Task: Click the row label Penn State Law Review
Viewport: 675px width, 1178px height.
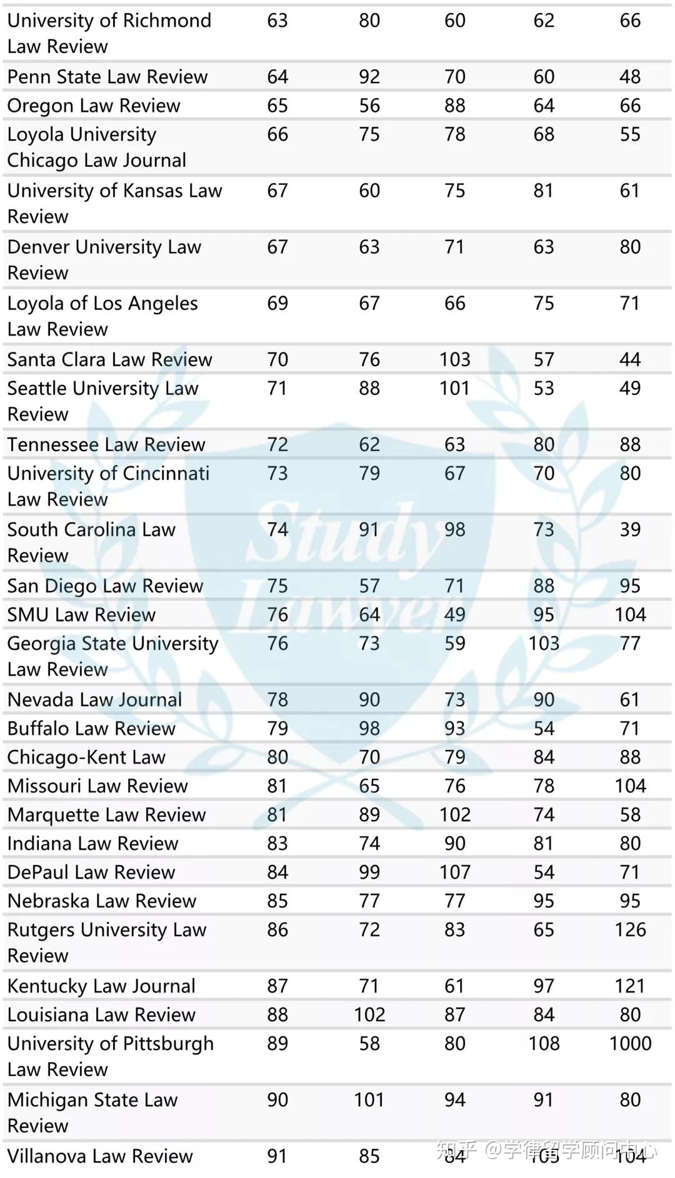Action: click(x=107, y=77)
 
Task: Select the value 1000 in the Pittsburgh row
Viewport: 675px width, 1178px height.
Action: click(x=630, y=1043)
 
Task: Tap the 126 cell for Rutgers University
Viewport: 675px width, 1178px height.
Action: click(x=630, y=929)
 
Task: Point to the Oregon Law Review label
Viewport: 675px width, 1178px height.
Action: click(x=94, y=106)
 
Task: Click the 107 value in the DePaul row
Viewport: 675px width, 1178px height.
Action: click(x=454, y=872)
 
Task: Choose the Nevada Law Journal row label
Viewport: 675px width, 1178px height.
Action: click(x=95, y=699)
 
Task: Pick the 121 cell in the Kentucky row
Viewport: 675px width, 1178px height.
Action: click(x=629, y=986)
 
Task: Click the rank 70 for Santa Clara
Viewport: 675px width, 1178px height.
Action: click(x=277, y=359)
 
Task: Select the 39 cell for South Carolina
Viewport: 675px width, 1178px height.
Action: click(x=630, y=529)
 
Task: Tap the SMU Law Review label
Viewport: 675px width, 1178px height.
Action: click(x=81, y=614)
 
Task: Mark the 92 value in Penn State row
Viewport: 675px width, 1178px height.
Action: click(x=369, y=77)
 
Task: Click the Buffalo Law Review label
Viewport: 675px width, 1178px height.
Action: click(x=91, y=728)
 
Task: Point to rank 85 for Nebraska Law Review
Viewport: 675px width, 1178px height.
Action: click(x=277, y=901)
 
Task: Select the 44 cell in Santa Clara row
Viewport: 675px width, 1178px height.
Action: click(x=630, y=359)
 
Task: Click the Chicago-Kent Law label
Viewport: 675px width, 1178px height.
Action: click(x=86, y=757)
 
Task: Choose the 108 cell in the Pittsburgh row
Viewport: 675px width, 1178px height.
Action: click(x=544, y=1043)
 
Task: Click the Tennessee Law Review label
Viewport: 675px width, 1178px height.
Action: click(x=106, y=444)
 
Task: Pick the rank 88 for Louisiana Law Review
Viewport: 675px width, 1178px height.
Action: click(x=277, y=1014)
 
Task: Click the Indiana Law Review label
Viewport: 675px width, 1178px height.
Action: click(x=92, y=843)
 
